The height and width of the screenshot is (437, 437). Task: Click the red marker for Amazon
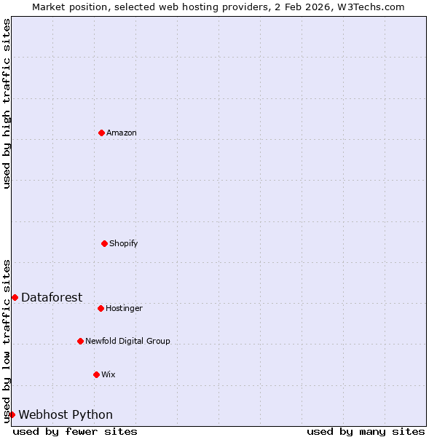tap(101, 133)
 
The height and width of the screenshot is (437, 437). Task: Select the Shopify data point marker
tap(104, 243)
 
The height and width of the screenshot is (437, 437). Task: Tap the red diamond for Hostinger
tap(101, 308)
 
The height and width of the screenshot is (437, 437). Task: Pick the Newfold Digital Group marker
tap(80, 341)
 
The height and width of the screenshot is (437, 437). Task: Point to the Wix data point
tap(96, 374)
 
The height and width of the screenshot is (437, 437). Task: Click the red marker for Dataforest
tap(15, 297)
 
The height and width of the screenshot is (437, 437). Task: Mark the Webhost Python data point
tap(12, 414)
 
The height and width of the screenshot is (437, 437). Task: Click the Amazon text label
tap(122, 133)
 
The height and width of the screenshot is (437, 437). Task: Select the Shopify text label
tap(124, 243)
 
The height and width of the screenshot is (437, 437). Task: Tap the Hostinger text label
tap(124, 308)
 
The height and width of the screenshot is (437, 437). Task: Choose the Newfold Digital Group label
tap(127, 341)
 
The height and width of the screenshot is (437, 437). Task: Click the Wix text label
tap(109, 374)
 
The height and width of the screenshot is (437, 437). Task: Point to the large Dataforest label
tap(52, 297)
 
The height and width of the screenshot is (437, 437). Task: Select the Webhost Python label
tap(66, 414)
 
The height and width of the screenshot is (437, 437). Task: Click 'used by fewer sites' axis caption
tap(75, 431)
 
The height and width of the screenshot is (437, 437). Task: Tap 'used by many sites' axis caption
tap(366, 431)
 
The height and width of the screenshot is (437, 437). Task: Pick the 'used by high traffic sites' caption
tap(7, 103)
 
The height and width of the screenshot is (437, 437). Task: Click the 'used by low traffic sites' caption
tap(7, 341)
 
